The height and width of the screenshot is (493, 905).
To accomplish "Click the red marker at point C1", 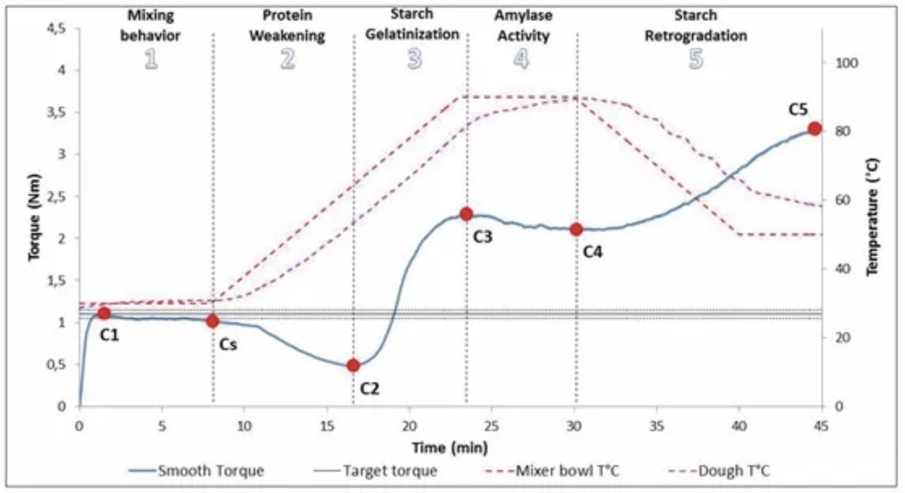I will point(104,313).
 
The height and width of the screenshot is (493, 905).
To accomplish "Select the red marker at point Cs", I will point(212,321).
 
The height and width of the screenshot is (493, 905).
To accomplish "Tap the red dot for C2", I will point(354,366).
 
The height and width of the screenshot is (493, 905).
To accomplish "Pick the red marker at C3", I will point(466,214).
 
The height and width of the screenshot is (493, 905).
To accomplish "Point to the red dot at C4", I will point(576,229).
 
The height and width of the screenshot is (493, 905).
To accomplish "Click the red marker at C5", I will point(814,129).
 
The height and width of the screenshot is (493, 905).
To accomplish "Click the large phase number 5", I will point(696,60).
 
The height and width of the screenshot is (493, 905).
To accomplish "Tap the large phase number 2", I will point(287,60).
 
